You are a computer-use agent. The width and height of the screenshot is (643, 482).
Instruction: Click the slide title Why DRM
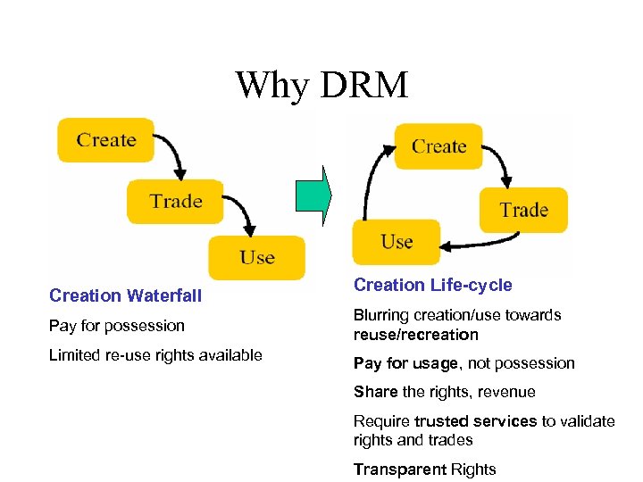point(321,86)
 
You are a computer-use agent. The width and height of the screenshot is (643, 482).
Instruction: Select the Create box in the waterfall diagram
point(105,140)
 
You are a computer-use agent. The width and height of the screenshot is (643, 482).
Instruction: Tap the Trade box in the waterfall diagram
point(175,201)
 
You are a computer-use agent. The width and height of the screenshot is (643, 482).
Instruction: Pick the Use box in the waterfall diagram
point(256,257)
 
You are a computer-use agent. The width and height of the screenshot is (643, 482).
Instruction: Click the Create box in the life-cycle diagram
point(438,146)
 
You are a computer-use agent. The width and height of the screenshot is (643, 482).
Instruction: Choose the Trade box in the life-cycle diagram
point(523,210)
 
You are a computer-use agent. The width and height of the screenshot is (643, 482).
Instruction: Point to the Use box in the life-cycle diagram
point(397,242)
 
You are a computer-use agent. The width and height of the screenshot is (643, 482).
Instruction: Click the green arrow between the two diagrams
point(313,193)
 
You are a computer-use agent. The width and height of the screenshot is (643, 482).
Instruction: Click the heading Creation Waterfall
point(126,295)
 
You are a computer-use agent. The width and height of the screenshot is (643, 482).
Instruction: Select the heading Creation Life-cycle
point(433,285)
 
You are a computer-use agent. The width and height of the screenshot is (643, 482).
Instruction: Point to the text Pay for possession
point(117,326)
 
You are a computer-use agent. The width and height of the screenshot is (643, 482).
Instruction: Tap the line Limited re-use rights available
point(155,355)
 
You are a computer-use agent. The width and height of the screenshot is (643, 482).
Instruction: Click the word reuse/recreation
point(416,335)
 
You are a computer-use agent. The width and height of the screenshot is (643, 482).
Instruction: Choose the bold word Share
point(375,392)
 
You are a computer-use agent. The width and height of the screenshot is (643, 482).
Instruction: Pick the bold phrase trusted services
point(488,421)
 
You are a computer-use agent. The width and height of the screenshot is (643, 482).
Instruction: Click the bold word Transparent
point(398,470)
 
